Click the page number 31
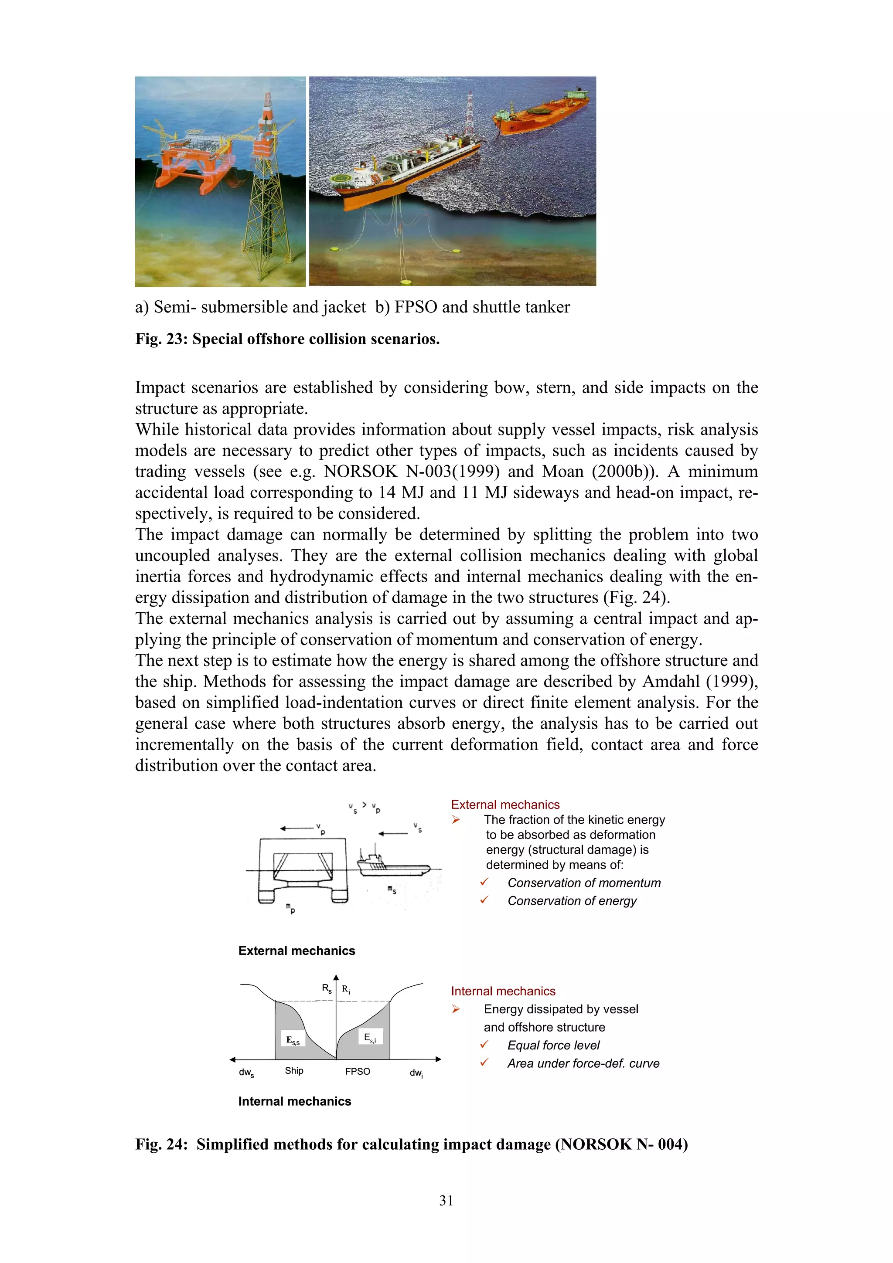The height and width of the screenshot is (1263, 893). point(446,1200)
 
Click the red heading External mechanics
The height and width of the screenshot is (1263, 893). point(505,804)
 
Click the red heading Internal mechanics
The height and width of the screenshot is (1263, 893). point(503,991)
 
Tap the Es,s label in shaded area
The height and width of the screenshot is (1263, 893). point(293,1040)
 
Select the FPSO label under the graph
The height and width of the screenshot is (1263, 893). point(358,1071)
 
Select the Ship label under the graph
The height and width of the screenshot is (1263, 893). point(294,1070)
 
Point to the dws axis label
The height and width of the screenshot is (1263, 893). point(246,1073)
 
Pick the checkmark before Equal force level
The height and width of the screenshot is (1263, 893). point(484,1044)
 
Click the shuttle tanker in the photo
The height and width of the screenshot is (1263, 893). point(542,113)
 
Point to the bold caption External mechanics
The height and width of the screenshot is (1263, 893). point(297,951)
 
